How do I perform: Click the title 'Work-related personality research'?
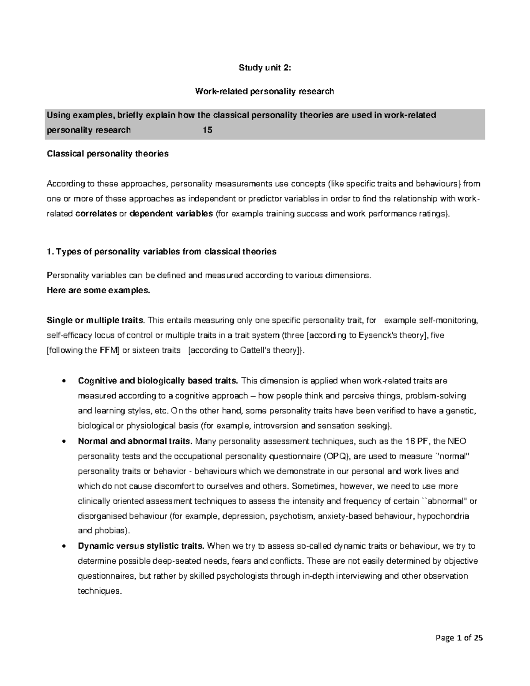pyautogui.click(x=265, y=91)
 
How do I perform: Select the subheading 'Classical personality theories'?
pyautogui.click(x=107, y=154)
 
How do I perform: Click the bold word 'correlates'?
pyautogui.click(x=96, y=214)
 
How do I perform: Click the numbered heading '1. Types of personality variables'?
pyautogui.click(x=161, y=251)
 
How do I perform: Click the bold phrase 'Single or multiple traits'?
pyautogui.click(x=95, y=320)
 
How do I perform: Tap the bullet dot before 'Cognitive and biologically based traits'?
pyautogui.click(x=65, y=381)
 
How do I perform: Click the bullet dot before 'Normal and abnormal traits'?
pyautogui.click(x=65, y=441)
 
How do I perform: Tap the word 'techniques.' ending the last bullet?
pyautogui.click(x=99, y=591)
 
